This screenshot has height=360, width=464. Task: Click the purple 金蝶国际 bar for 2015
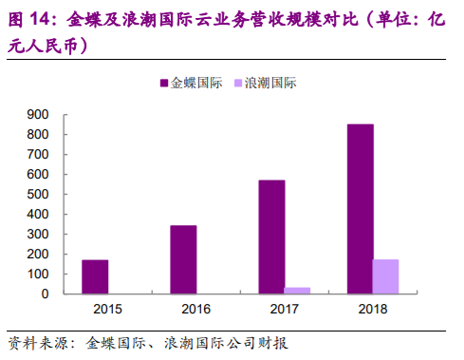(95, 276)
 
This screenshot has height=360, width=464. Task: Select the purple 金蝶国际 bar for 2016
(183, 259)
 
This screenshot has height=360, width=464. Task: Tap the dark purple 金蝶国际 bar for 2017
(271, 237)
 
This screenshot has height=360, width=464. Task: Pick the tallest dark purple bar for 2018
(360, 209)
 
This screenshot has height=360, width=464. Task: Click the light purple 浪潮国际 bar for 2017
(298, 291)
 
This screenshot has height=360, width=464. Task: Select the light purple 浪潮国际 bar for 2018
(385, 276)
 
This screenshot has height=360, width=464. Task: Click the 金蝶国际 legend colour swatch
(163, 84)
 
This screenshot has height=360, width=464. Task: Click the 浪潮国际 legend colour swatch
(238, 84)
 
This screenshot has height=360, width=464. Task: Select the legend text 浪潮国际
(271, 84)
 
